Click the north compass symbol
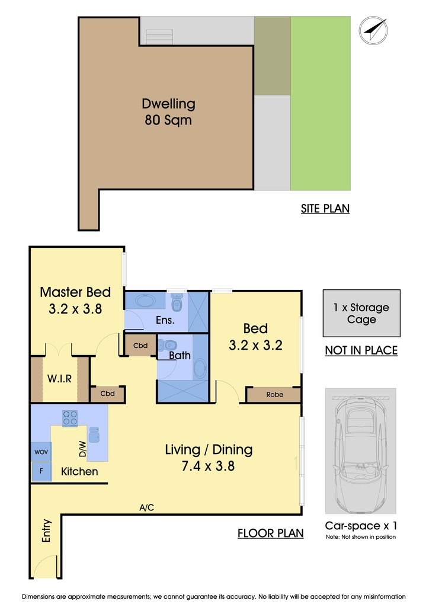(x=373, y=30)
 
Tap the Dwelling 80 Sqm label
(x=168, y=111)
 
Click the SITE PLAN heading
(x=325, y=209)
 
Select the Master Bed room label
(x=75, y=292)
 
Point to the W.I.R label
(x=60, y=378)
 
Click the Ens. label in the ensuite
(x=165, y=320)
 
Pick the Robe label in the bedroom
(x=275, y=394)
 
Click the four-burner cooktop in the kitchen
(x=70, y=418)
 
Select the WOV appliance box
(x=41, y=452)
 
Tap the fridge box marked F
(x=41, y=471)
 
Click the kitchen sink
(x=94, y=435)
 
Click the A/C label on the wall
(x=146, y=507)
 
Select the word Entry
(x=46, y=531)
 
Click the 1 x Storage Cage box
(x=361, y=313)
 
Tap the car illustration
(x=360, y=451)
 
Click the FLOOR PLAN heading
(x=270, y=533)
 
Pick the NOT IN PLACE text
(x=361, y=350)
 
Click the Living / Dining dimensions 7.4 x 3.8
(x=208, y=466)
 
